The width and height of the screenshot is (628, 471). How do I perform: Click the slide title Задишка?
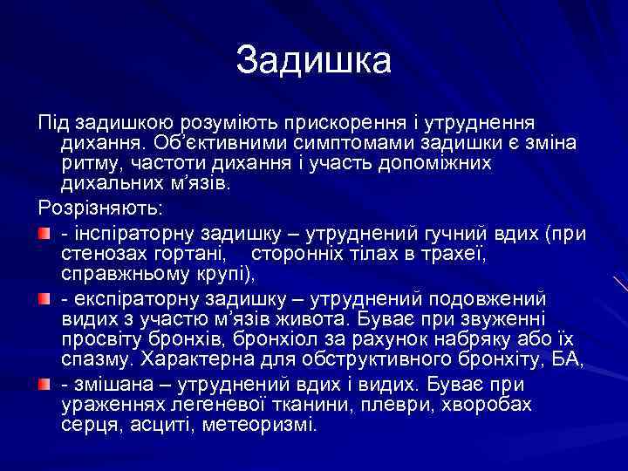(x=314, y=60)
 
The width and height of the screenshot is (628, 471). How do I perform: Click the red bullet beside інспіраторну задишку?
(x=44, y=232)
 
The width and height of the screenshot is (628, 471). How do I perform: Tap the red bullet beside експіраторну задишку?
(x=44, y=298)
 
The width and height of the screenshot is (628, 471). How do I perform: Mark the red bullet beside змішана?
(x=44, y=384)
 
